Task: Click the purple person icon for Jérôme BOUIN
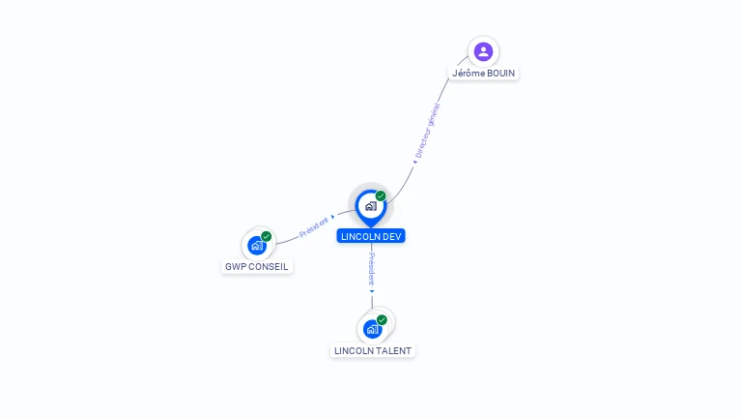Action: click(483, 51)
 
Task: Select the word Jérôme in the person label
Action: click(468, 74)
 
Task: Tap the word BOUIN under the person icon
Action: click(501, 74)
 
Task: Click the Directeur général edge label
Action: click(428, 130)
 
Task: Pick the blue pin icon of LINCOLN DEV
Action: click(370, 206)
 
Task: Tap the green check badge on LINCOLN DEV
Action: click(381, 195)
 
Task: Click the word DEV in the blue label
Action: click(391, 236)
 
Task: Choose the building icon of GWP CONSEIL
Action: click(257, 245)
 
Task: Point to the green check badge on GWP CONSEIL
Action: click(267, 236)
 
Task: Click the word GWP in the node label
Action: click(236, 267)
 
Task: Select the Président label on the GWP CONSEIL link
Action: click(314, 226)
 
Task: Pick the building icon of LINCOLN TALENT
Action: click(372, 329)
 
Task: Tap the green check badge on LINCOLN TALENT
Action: click(382, 319)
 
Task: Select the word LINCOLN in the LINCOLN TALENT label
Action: click(355, 351)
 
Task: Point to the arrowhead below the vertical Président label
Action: click(372, 290)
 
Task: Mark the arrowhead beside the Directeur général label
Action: click(415, 162)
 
